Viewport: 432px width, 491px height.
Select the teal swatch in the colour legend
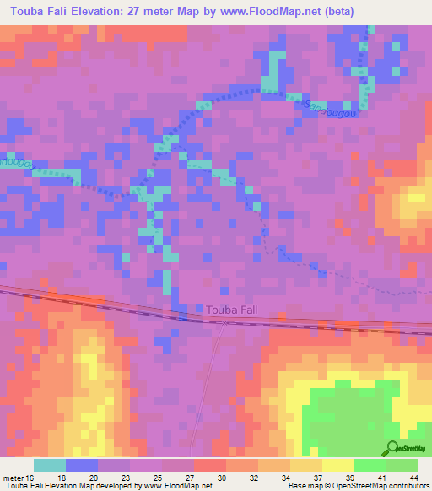50,465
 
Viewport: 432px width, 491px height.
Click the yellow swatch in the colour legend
337,465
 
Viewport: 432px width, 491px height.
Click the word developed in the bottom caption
109,487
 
